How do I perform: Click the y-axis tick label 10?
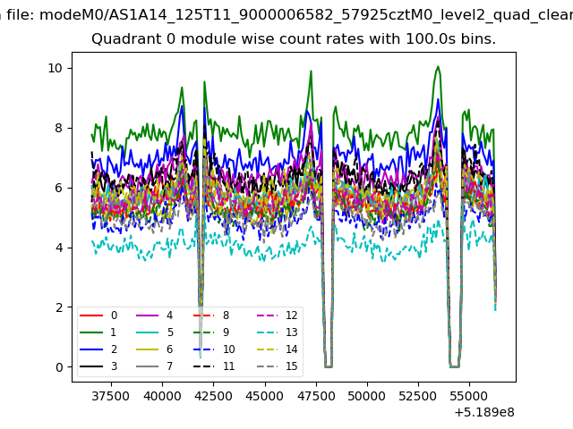[55, 68]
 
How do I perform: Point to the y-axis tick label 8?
[59, 128]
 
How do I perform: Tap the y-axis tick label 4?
[59, 248]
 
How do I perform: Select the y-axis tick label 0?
[59, 367]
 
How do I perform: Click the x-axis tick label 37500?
[111, 396]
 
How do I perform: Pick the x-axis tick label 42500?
[213, 396]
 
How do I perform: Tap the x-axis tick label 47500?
[316, 396]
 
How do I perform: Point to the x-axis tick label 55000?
[469, 396]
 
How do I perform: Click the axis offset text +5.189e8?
[484, 413]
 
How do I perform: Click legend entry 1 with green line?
[98, 332]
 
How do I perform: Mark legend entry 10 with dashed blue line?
[214, 349]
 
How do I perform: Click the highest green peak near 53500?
[438, 66]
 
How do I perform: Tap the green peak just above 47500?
[311, 71]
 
